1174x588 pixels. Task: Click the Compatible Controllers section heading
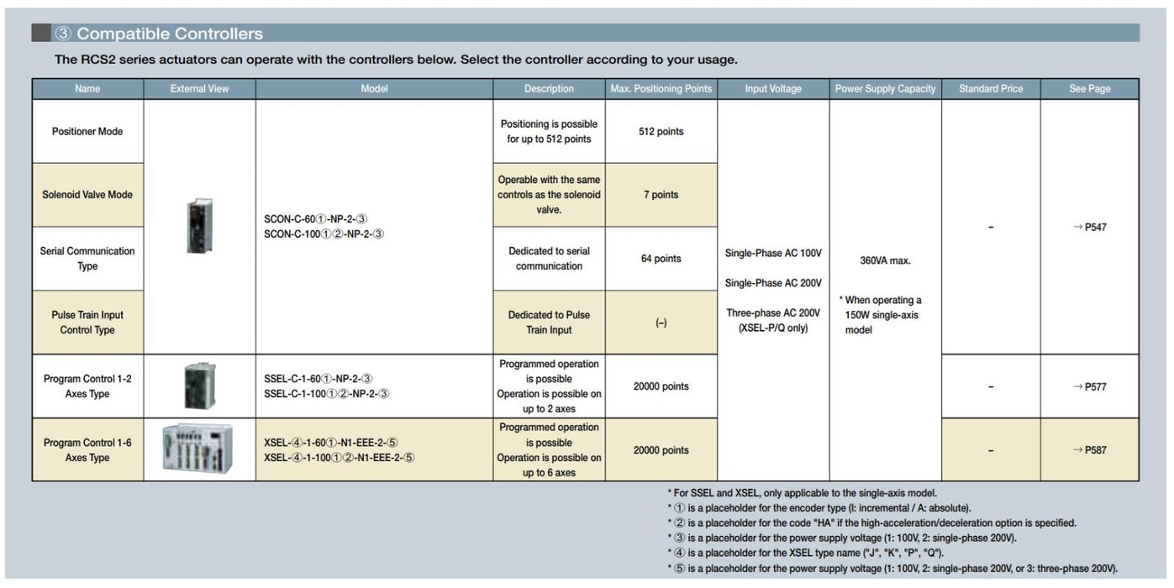coord(159,34)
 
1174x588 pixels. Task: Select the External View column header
coord(199,89)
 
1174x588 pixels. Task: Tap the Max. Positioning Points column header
coord(661,89)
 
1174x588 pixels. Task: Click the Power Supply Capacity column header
coord(885,89)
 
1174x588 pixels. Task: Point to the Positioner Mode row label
coord(87,132)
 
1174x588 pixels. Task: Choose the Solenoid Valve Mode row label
coord(87,195)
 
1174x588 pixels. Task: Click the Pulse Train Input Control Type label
coord(87,323)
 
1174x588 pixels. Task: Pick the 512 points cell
coord(661,132)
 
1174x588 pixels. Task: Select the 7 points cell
coord(661,195)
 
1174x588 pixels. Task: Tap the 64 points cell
coord(661,259)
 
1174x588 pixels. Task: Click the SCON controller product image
coord(199,226)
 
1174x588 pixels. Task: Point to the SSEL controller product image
coord(199,386)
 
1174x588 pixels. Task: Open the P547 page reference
coord(1090,227)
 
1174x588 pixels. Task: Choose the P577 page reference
coord(1090,386)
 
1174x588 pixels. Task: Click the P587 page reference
coord(1090,450)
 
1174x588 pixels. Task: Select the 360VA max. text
coord(885,260)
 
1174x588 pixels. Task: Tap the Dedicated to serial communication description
coord(549,259)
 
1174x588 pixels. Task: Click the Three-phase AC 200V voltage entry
coord(772,313)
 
